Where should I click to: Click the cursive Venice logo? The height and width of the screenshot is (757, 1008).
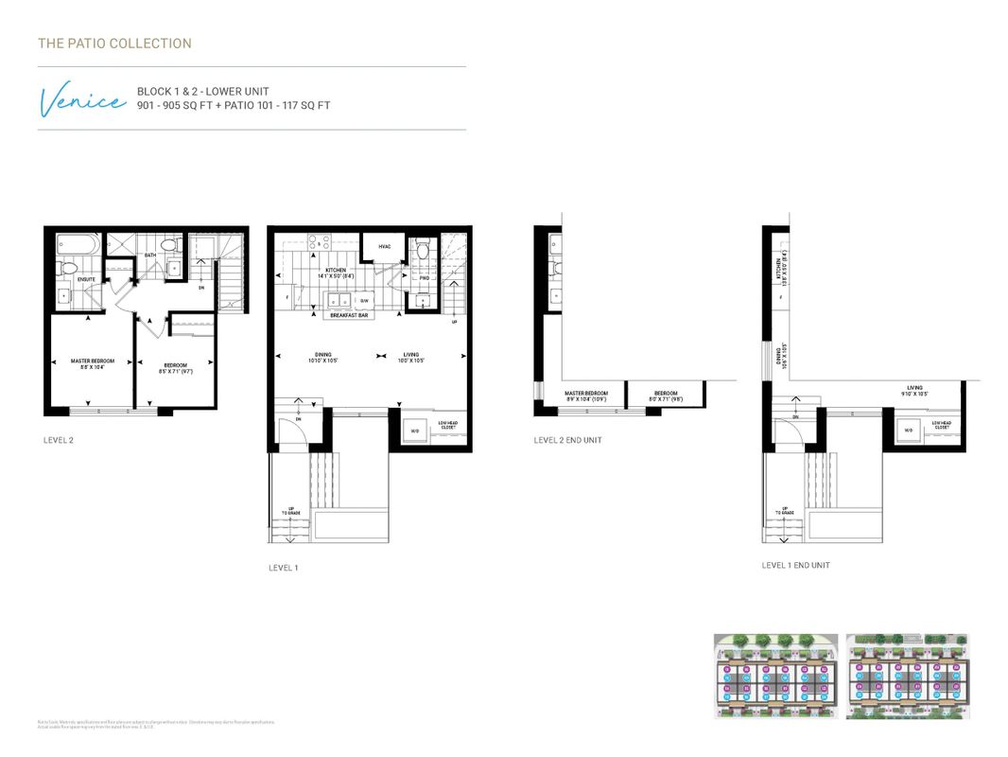point(81,99)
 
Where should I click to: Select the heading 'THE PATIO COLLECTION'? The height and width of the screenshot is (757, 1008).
point(114,44)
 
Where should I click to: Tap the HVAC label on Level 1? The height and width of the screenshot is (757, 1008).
point(385,247)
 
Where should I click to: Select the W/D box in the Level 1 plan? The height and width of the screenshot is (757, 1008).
point(413,431)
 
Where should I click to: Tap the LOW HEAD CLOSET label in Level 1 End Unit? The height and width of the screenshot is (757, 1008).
point(941,426)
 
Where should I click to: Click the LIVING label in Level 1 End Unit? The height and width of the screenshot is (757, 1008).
point(914,388)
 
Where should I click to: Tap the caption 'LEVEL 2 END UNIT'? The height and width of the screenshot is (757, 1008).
point(567,440)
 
